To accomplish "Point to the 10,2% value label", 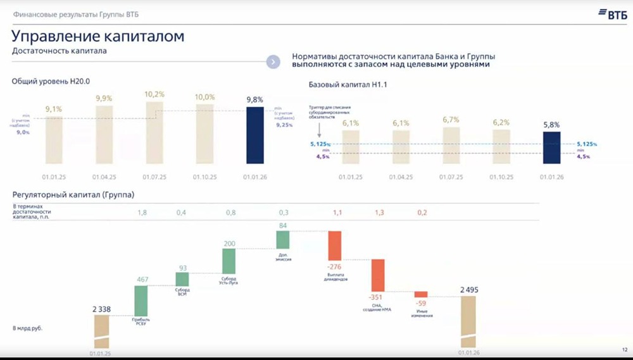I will [154, 94].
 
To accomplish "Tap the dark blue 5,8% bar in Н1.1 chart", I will [551, 147].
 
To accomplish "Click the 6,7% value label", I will [451, 120].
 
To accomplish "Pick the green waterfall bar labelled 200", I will [229, 261].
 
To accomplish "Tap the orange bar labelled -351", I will [378, 275].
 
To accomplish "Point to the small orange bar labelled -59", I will [421, 294].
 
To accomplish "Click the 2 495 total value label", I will [470, 290].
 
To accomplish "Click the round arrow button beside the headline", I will [273, 61].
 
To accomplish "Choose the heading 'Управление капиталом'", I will [98, 36].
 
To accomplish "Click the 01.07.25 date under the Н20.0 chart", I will [154, 178].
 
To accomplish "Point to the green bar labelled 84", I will [283, 239].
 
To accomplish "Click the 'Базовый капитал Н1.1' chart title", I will [348, 85].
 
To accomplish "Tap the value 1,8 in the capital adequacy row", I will [142, 213].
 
